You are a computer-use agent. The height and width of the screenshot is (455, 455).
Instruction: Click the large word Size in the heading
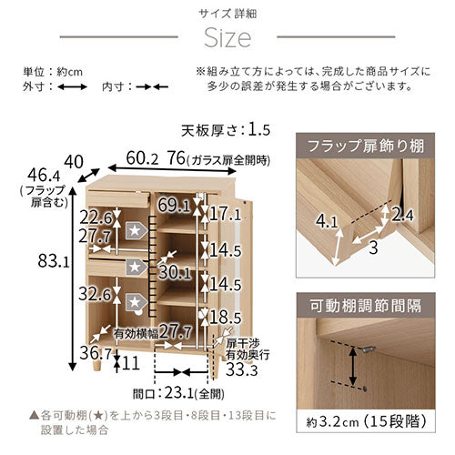pyautogui.click(x=227, y=38)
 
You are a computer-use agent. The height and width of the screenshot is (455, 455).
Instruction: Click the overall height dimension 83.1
pyautogui.click(x=54, y=261)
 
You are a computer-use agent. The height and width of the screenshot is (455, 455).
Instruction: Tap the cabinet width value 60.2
pyautogui.click(x=142, y=158)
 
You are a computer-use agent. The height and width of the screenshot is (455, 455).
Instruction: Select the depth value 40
pyautogui.click(x=74, y=162)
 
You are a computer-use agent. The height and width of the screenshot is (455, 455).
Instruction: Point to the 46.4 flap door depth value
pyautogui.click(x=44, y=176)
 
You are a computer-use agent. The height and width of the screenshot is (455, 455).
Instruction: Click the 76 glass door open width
pyautogui.click(x=176, y=158)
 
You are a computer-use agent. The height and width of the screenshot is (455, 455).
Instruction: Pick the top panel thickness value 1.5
pyautogui.click(x=259, y=130)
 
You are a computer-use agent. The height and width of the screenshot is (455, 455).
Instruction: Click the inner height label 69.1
pyautogui.click(x=174, y=206)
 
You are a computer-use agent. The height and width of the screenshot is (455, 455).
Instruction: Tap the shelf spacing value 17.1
pyautogui.click(x=226, y=215)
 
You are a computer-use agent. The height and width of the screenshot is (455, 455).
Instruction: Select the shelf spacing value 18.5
pyautogui.click(x=226, y=318)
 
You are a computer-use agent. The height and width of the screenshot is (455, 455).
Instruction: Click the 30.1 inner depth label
pyautogui.click(x=175, y=273)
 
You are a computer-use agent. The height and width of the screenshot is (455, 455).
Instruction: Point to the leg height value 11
pyautogui.click(x=131, y=363)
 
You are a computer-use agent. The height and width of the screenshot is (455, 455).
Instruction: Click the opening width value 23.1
pyautogui.click(x=179, y=394)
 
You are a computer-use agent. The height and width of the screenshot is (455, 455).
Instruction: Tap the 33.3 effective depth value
pyautogui.click(x=242, y=370)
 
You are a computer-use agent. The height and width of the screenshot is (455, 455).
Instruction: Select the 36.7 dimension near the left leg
pyautogui.click(x=96, y=353)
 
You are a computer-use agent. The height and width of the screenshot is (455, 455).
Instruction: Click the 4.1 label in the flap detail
pyautogui.click(x=327, y=221)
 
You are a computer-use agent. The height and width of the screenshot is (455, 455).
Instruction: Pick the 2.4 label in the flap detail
pyautogui.click(x=402, y=216)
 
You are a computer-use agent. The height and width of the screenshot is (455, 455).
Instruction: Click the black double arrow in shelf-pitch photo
pyautogui.click(x=352, y=367)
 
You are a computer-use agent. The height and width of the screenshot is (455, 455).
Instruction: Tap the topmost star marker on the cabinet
pyautogui.click(x=136, y=231)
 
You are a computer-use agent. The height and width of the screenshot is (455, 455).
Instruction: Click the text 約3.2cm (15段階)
pyautogui.click(x=367, y=422)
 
